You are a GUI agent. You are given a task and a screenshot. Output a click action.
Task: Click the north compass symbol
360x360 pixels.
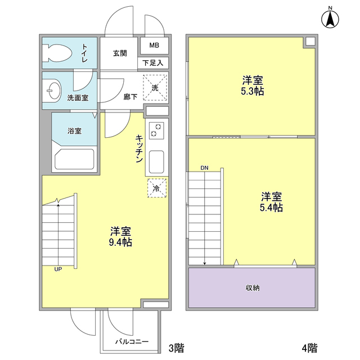(330, 19)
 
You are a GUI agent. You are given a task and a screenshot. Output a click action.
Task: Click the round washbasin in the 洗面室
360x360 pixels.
(54, 90)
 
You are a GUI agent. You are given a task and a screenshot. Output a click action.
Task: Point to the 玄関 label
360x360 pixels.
(119, 53)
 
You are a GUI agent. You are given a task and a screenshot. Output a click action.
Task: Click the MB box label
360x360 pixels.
(153, 45)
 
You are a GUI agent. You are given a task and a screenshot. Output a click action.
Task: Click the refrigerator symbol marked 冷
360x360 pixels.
(157, 188)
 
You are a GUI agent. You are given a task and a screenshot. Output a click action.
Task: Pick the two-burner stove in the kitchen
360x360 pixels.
(156, 132)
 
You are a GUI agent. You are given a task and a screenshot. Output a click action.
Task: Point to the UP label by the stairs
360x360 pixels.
(58, 269)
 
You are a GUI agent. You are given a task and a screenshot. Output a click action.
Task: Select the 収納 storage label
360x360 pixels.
(252, 288)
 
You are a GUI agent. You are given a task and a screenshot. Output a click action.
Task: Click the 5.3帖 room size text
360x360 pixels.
(252, 91)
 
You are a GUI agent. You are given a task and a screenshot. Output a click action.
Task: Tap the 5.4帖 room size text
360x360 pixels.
(271, 208)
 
